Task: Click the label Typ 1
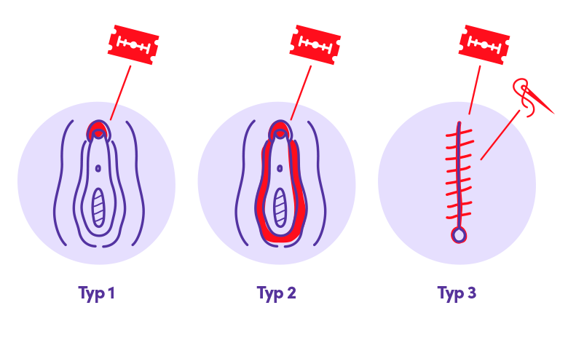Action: tap(96, 293)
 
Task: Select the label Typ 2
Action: tap(277, 293)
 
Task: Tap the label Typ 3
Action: tap(457, 293)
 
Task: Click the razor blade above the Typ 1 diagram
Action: tap(133, 44)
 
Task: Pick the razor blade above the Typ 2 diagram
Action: tap(315, 44)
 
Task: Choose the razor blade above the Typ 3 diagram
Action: tap(484, 44)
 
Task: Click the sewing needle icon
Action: tap(532, 97)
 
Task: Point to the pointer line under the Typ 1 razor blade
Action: tap(121, 92)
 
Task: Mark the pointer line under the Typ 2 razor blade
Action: tap(301, 92)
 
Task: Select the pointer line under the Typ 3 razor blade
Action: tap(475, 90)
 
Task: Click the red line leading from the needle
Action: tap(500, 135)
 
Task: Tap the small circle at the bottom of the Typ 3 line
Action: tap(459, 236)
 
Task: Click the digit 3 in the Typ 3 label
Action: tap(471, 292)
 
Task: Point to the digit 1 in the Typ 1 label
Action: tap(111, 292)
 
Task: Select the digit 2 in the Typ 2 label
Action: tap(291, 292)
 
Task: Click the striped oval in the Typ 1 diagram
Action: tap(98, 207)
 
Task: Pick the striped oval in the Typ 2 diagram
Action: tap(280, 207)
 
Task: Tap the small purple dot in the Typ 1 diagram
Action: tap(98, 168)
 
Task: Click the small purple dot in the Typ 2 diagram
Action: tap(280, 168)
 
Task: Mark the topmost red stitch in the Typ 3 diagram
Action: tap(459, 132)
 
